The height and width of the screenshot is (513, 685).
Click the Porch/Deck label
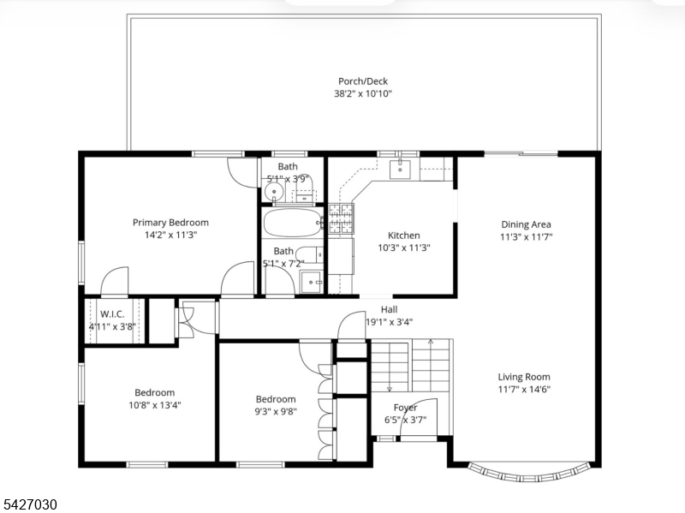(362, 81)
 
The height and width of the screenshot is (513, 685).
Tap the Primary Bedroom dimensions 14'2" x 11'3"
(170, 235)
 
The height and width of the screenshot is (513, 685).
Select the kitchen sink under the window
(400, 169)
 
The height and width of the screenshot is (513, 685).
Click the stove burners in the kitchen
(341, 218)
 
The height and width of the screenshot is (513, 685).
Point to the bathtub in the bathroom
(293, 223)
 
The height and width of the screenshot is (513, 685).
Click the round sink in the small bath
(274, 191)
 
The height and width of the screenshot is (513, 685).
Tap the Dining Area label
(526, 224)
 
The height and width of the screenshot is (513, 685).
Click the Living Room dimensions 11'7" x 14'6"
(524, 390)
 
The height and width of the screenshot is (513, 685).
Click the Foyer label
(405, 408)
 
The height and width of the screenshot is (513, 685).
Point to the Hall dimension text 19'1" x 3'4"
(390, 322)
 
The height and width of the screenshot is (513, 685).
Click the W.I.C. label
(112, 314)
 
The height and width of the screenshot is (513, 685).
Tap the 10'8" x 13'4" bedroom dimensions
(155, 405)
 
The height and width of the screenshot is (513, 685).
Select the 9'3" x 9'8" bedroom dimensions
(276, 411)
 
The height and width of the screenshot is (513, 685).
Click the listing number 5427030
(29, 504)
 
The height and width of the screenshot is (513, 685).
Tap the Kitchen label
(404, 236)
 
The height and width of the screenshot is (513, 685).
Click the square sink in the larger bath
(311, 282)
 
